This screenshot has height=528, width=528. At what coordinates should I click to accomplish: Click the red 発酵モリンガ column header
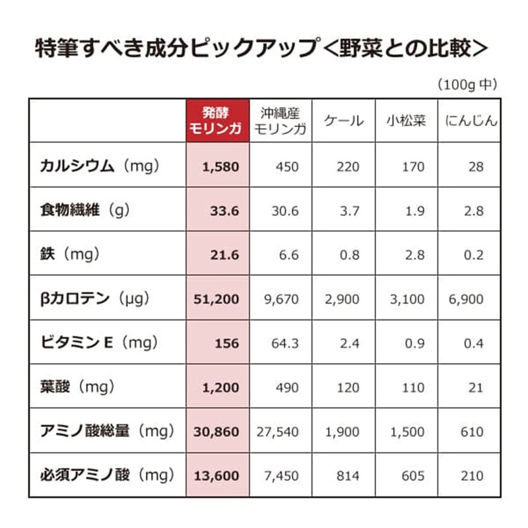218,121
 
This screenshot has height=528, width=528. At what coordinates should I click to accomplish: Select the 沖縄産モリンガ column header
280,121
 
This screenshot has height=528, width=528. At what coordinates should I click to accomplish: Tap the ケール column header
343,121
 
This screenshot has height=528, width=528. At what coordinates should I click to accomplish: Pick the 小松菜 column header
406,121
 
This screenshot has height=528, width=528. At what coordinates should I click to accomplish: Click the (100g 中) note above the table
467,84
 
